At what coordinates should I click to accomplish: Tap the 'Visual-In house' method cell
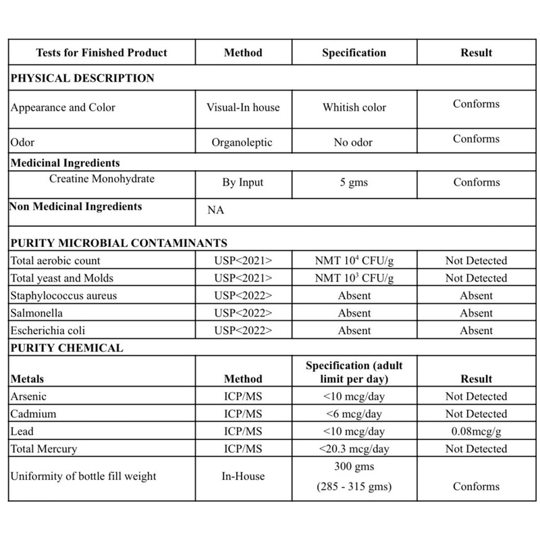(x=243, y=107)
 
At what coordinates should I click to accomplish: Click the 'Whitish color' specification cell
(x=354, y=107)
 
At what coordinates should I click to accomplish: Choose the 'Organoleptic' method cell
(x=243, y=142)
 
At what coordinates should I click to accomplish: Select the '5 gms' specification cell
(x=354, y=182)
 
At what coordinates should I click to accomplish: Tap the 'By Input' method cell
(x=243, y=182)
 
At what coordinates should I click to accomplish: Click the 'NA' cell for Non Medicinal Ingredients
(x=215, y=210)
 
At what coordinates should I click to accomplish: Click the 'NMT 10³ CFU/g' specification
(x=354, y=278)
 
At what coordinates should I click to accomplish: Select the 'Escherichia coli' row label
(x=49, y=331)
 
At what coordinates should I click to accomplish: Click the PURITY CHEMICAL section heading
(x=66, y=348)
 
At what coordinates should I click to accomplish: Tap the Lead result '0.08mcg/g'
(x=476, y=431)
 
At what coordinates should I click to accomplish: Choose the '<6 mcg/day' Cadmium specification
(x=354, y=414)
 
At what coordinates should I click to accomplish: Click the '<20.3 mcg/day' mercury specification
(x=354, y=449)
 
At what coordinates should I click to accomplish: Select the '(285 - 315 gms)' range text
(x=354, y=486)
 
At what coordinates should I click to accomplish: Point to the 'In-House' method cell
(x=243, y=476)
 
